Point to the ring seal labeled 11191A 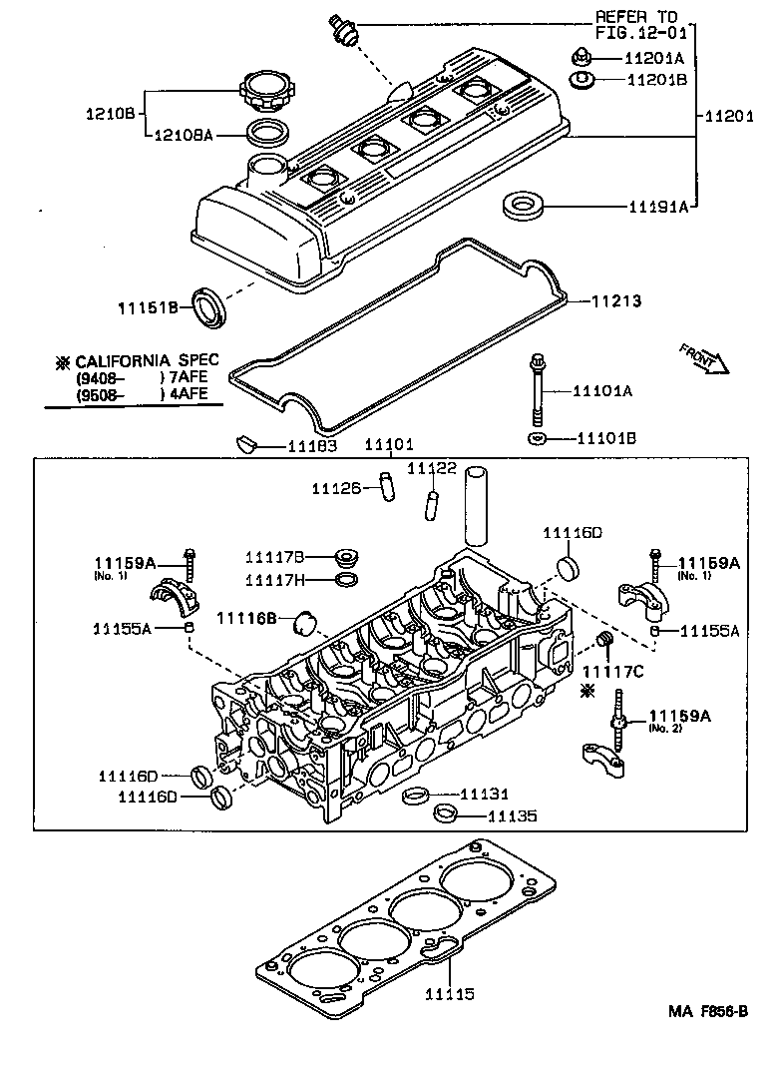click(524, 207)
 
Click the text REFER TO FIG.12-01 click(635, 25)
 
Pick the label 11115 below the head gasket click(449, 994)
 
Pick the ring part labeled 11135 click(447, 815)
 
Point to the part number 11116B click(245, 618)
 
